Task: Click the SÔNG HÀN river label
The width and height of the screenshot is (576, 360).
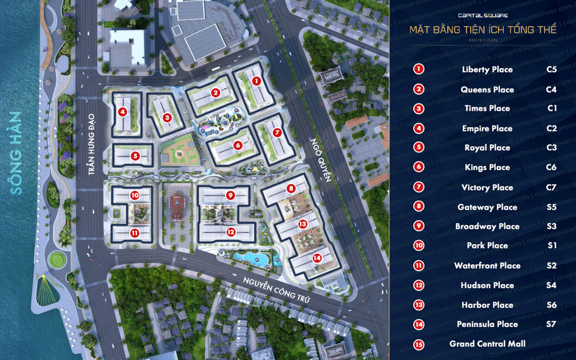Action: (17, 153)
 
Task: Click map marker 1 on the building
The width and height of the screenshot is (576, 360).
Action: (257, 82)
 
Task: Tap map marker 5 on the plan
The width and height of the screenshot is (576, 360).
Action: (136, 156)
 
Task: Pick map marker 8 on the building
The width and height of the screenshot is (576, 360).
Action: (291, 189)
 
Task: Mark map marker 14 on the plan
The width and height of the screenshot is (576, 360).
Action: (317, 258)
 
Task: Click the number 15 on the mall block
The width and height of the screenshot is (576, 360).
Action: (179, 154)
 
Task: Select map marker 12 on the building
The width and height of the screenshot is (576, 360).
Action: (231, 232)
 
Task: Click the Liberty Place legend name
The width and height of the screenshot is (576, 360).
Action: (487, 70)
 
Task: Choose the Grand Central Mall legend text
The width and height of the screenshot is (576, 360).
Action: (487, 344)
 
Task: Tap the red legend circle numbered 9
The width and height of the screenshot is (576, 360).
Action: (419, 226)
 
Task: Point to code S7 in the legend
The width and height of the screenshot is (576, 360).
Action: (551, 324)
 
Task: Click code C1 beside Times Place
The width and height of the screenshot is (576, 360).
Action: (552, 108)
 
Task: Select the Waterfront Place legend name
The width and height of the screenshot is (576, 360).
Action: (487, 265)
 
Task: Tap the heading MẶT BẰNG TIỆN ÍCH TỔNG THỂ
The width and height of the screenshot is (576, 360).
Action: (482, 30)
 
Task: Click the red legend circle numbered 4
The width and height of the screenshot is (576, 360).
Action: (419, 128)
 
